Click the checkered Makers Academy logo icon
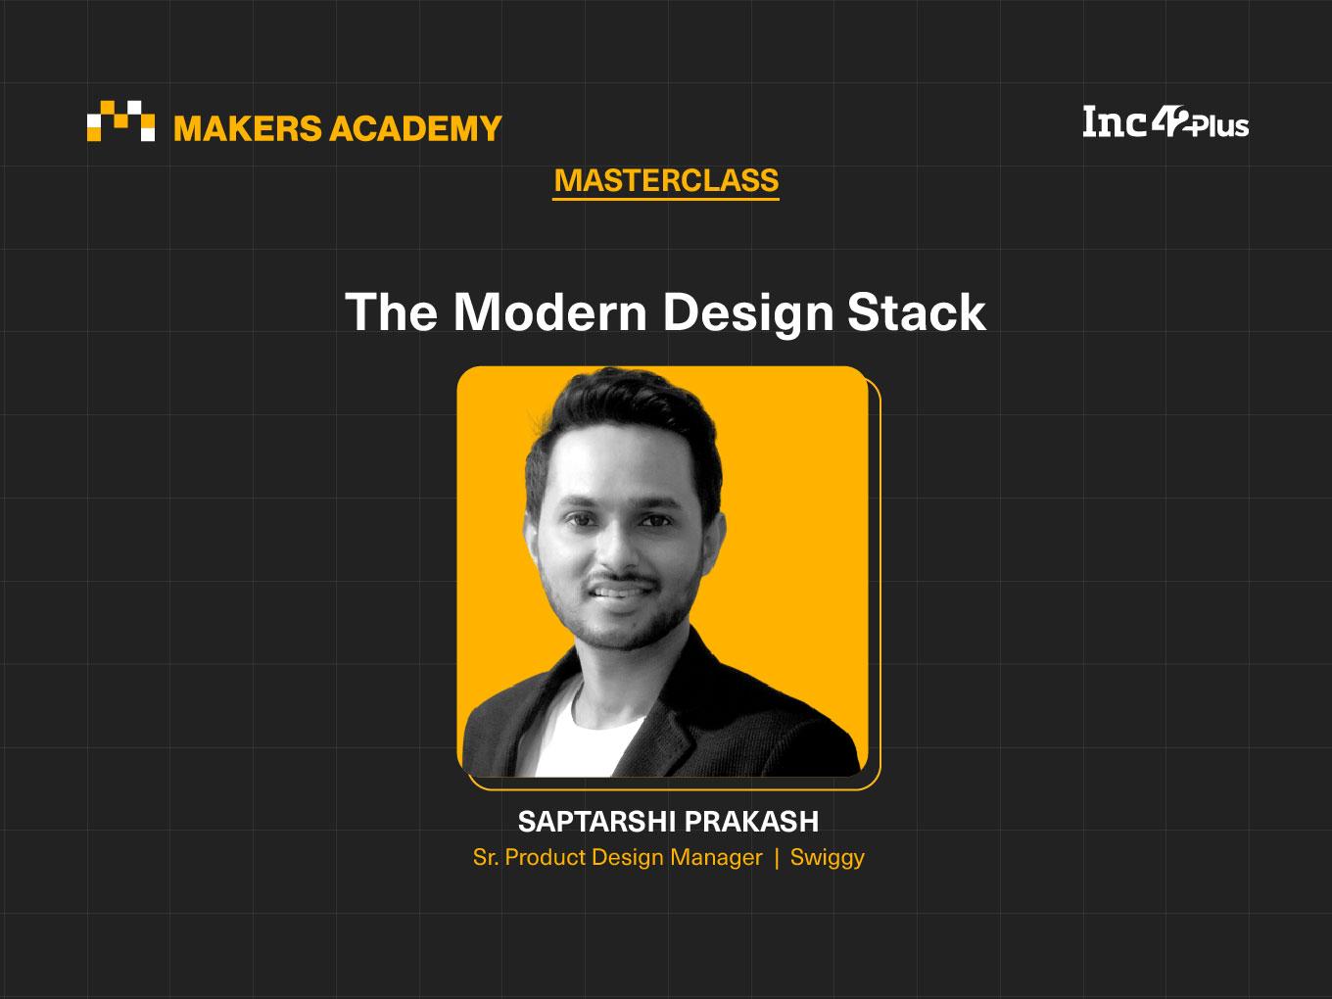coord(120,120)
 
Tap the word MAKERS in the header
coord(248,128)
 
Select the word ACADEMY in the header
coord(415,128)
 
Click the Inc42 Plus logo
coord(1165,122)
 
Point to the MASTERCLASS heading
coord(666,181)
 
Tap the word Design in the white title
coord(747,314)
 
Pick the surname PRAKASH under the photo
coord(752,822)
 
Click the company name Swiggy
coord(828,858)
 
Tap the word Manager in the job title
coord(716,857)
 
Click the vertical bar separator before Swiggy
coord(777,858)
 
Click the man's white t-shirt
coord(584,736)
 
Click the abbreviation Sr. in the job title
coord(486,857)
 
